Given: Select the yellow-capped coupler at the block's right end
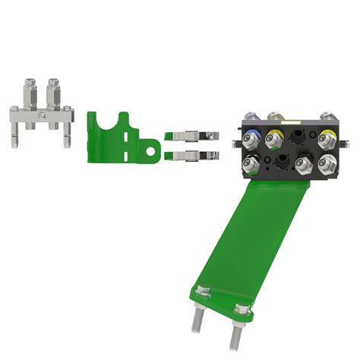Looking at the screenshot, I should pyautogui.click(x=327, y=137).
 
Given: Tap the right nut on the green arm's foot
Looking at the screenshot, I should pyautogui.click(x=243, y=308).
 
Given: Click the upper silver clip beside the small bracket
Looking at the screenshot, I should pyautogui.click(x=189, y=137).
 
